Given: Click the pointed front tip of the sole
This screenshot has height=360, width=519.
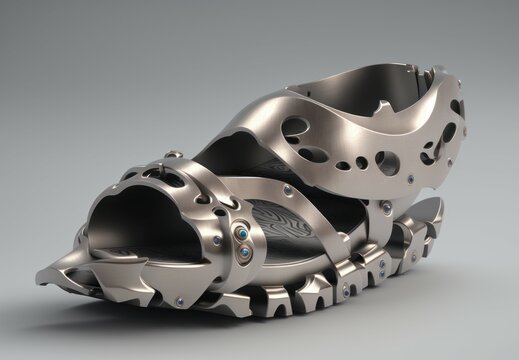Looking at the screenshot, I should pos(46,274).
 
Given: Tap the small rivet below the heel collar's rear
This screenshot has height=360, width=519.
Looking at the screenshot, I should pos(385,208).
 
